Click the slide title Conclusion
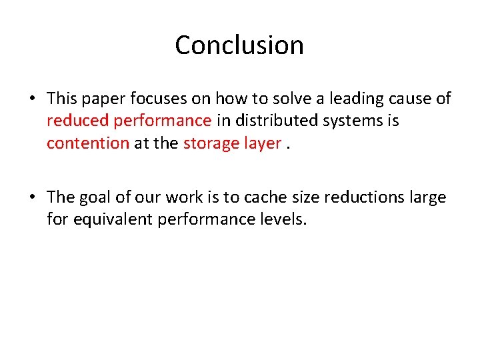(x=239, y=45)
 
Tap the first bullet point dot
(x=32, y=99)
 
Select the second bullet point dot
(x=32, y=197)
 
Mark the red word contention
(x=88, y=143)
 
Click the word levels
(x=283, y=219)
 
